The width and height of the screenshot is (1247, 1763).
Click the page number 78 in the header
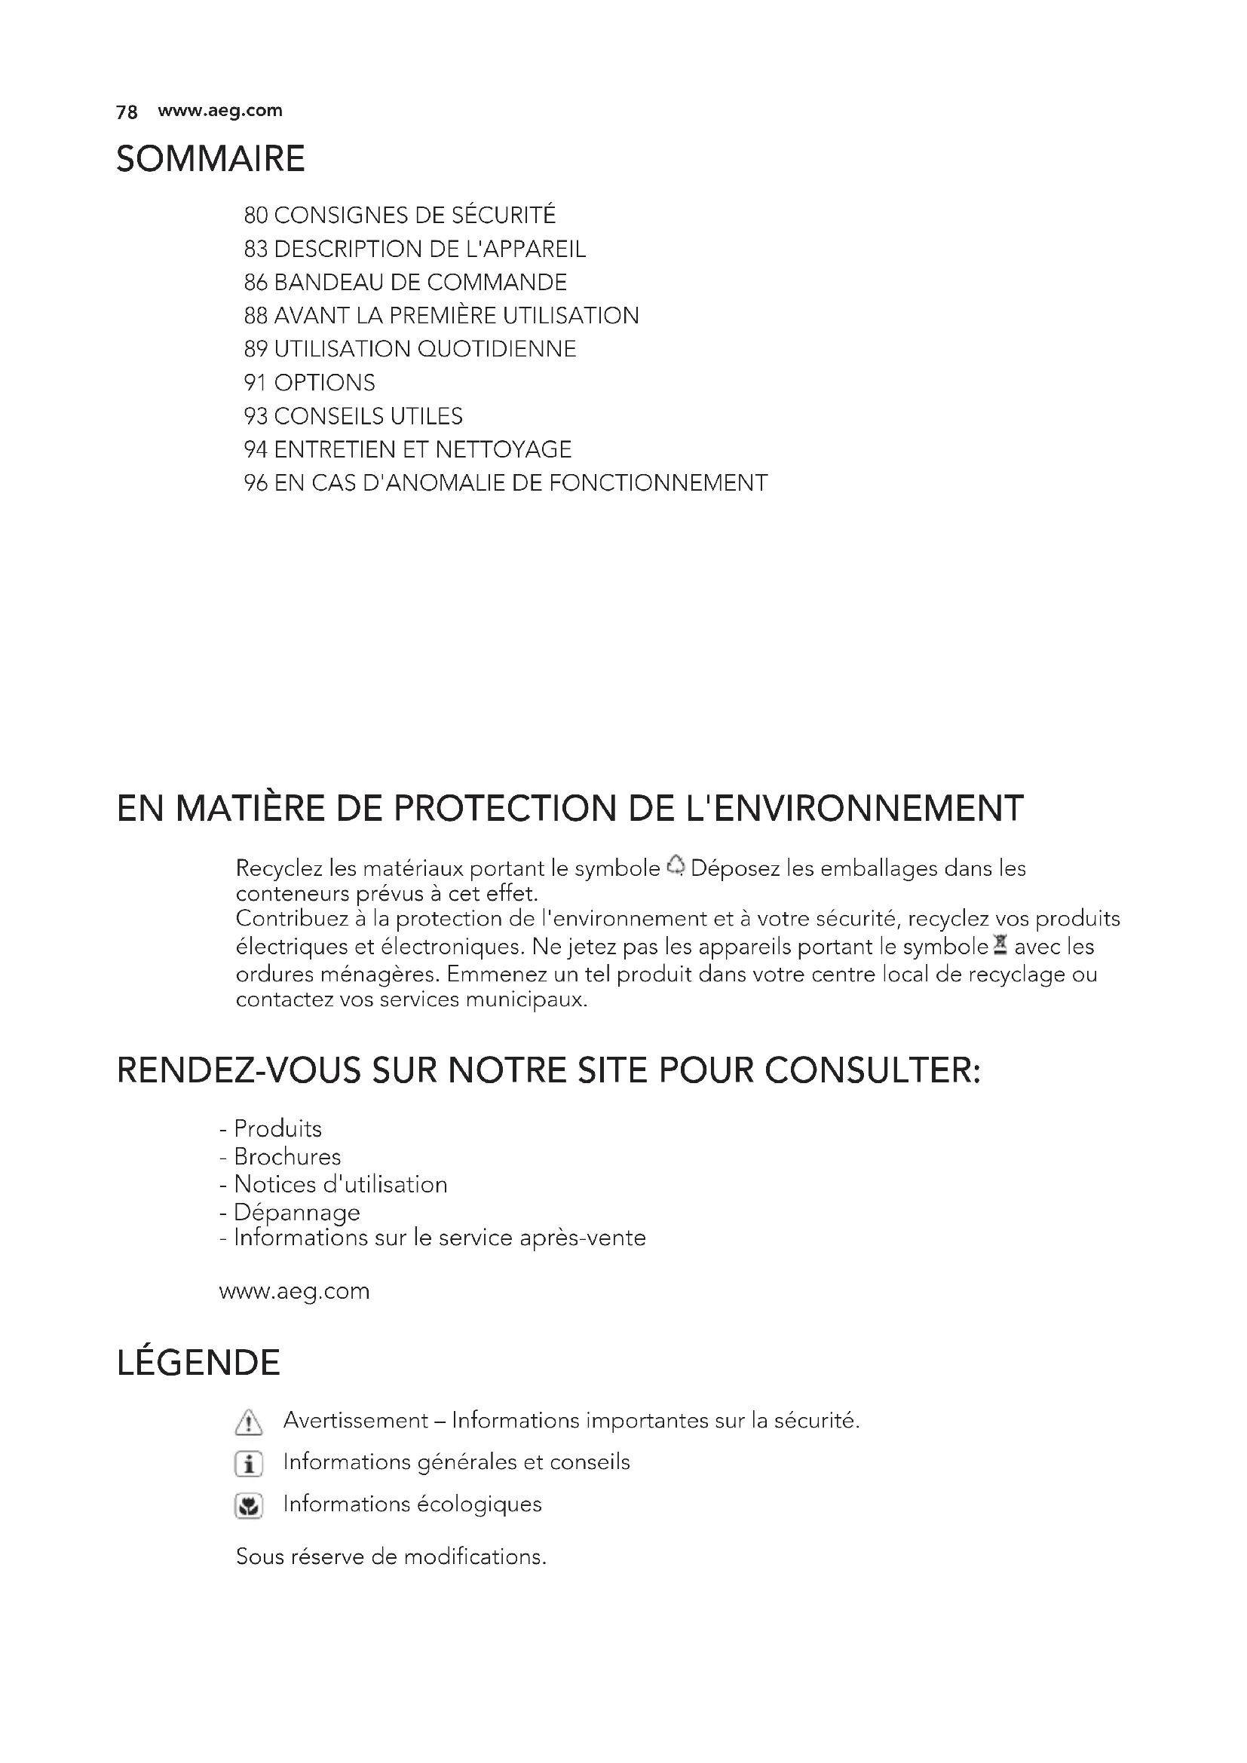coord(127,112)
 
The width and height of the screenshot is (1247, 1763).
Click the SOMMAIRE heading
coord(210,159)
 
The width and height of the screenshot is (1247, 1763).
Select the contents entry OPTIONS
coord(324,382)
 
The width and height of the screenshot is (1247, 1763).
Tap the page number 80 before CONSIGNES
coord(255,216)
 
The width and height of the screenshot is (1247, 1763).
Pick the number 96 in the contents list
coord(255,483)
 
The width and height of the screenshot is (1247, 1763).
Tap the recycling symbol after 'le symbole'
coord(675,866)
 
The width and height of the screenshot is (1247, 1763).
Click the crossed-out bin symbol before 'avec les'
coord(999,945)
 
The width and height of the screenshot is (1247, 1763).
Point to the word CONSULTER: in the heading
coord(873,1070)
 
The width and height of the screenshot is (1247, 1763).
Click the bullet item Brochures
coord(287,1157)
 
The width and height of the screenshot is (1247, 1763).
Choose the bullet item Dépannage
coord(296,1213)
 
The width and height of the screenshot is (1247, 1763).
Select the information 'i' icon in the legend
coord(248,1465)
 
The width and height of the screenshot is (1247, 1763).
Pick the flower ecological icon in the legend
coord(248,1506)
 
